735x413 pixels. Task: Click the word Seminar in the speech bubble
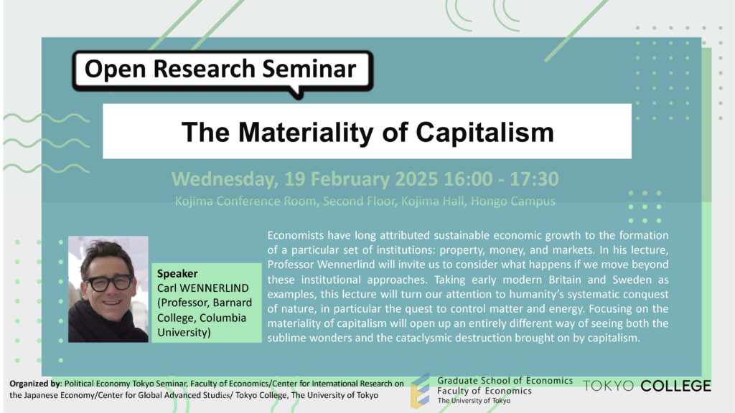pos(309,69)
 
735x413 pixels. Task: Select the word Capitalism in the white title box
pos(484,133)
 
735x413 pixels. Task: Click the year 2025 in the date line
pos(416,179)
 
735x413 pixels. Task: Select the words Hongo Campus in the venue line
pos(512,201)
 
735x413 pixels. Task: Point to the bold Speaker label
pos(177,273)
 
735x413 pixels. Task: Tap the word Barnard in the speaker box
pos(232,303)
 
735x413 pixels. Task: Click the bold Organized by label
pos(34,384)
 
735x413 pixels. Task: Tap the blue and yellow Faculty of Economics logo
pos(420,391)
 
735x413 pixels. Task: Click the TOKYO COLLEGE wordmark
pos(647,386)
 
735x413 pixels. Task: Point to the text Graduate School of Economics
pos(505,381)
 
